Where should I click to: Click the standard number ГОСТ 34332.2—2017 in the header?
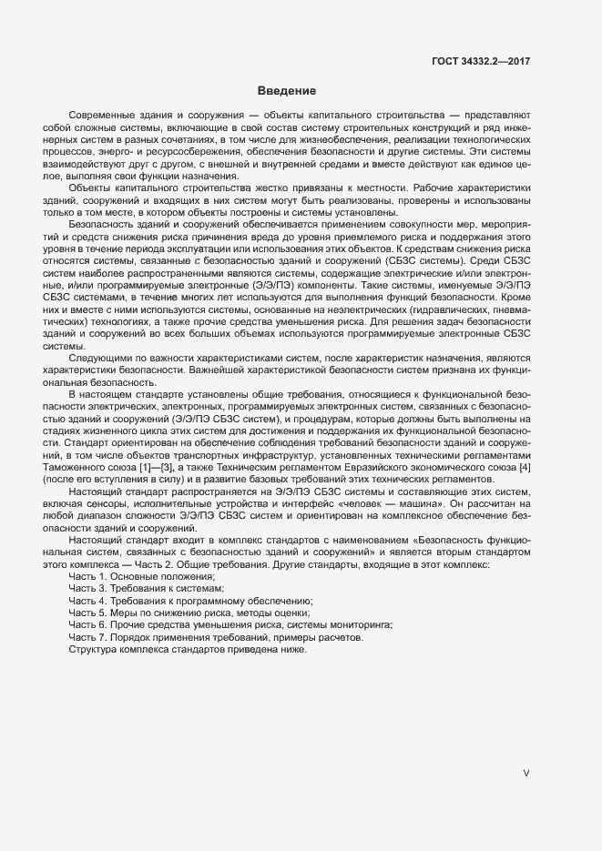[481, 61]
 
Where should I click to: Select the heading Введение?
[286, 91]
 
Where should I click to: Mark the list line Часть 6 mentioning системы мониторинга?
[230, 626]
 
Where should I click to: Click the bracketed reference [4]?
[525, 466]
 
